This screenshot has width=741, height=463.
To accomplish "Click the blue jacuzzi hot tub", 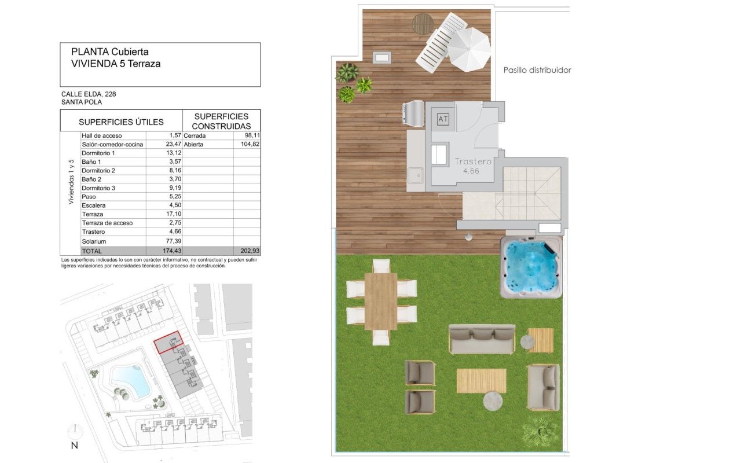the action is (x=531, y=267).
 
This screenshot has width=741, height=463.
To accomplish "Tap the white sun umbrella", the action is (x=469, y=49).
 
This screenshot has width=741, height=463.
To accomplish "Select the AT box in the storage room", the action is (x=443, y=119).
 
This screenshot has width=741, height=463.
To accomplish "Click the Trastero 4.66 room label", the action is (x=473, y=166).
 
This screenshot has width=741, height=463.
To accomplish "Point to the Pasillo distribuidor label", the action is (x=537, y=70).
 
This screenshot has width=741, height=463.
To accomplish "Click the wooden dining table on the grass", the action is (x=381, y=302).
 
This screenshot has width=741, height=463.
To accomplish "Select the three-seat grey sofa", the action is (x=482, y=339).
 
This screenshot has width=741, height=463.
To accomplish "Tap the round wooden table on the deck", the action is (x=423, y=24).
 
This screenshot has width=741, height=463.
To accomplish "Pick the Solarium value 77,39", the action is (x=174, y=241).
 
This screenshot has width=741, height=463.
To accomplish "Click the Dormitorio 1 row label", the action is (x=98, y=153).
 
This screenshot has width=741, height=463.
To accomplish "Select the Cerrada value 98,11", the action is (x=251, y=135).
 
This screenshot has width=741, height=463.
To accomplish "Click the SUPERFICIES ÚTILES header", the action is (x=121, y=122).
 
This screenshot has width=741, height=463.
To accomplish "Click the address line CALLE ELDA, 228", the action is (x=89, y=94).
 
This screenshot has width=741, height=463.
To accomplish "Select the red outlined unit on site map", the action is (x=168, y=342).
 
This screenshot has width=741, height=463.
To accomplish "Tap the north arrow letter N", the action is (x=75, y=446).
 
